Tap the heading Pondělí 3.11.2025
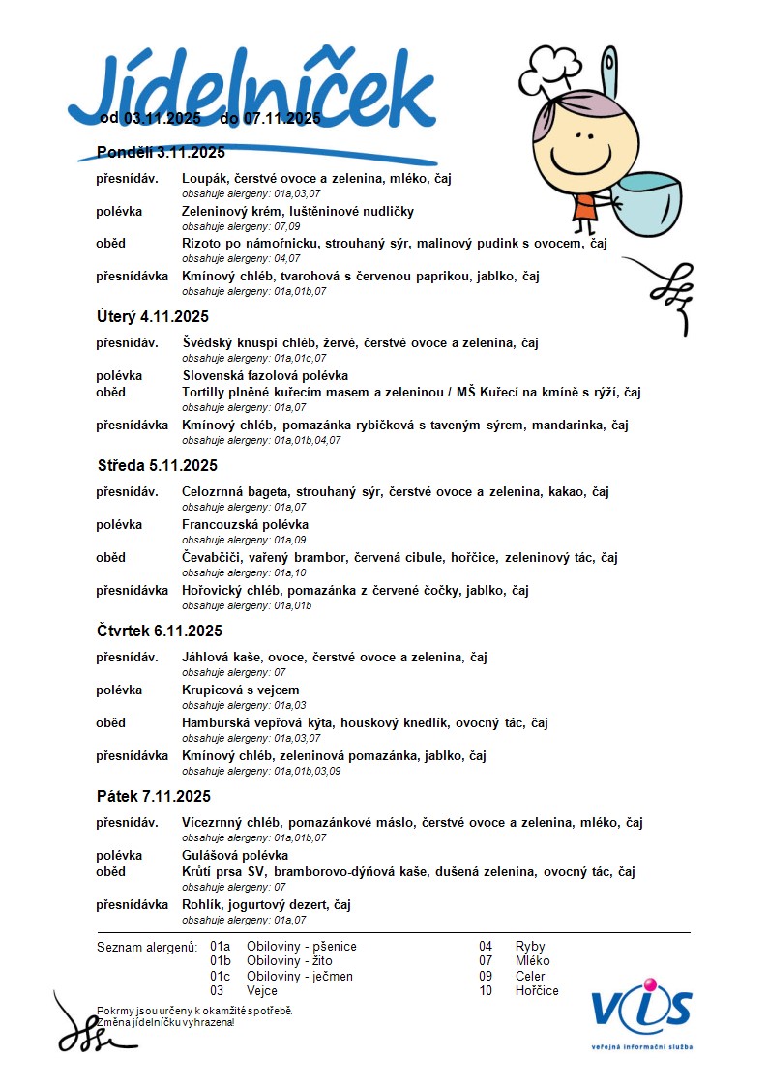pyautogui.click(x=161, y=152)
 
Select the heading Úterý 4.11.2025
pyautogui.click(x=153, y=316)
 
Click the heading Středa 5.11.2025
pyautogui.click(x=158, y=465)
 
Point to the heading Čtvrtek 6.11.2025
pyautogui.click(x=160, y=631)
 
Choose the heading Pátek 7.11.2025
pyautogui.click(x=154, y=796)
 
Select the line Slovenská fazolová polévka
pyautogui.click(x=265, y=375)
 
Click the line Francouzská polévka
pyautogui.click(x=245, y=524)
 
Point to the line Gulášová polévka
pyautogui.click(x=235, y=855)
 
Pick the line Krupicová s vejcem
pyautogui.click(x=240, y=690)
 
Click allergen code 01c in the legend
pyautogui.click(x=221, y=976)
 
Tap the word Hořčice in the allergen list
pyautogui.click(x=537, y=990)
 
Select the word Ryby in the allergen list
pyautogui.click(x=530, y=946)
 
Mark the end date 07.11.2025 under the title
pyautogui.click(x=281, y=119)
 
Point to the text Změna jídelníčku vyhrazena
pyautogui.click(x=165, y=1022)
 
